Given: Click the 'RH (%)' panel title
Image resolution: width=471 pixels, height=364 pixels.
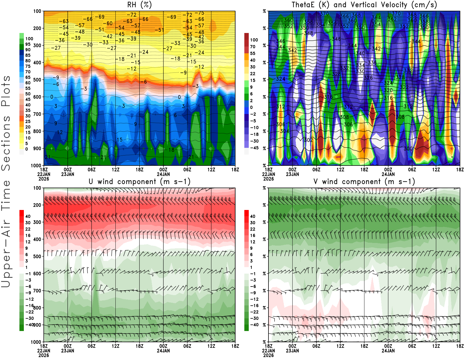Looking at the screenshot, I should click(x=139, y=5).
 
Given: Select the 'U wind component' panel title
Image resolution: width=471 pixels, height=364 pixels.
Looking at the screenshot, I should click(x=140, y=182).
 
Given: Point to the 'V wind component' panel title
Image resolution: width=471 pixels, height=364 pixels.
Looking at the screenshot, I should click(x=364, y=182).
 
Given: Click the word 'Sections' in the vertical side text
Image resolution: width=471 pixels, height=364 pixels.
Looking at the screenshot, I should click(x=6, y=143).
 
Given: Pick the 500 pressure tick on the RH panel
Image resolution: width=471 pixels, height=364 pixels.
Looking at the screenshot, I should click(x=37, y=80).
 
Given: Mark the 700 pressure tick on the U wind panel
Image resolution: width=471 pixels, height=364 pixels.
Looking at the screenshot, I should click(x=37, y=291).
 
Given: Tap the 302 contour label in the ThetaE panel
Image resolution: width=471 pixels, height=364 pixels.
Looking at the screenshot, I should click(x=308, y=140).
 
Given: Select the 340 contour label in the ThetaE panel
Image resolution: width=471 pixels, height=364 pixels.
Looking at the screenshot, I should click(x=360, y=53).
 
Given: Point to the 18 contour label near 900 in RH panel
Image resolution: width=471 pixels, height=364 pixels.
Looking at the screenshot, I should click(x=171, y=150).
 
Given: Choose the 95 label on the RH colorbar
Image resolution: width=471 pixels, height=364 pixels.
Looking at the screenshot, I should click(x=28, y=44).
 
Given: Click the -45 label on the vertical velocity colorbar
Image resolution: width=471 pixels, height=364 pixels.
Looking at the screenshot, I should click(x=254, y=148).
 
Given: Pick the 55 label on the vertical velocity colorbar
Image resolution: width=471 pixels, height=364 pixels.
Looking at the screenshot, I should click(x=253, y=53).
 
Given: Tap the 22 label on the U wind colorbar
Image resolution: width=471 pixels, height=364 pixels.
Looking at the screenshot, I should click(x=28, y=229).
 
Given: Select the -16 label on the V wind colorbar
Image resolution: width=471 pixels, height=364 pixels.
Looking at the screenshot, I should click(x=254, y=306).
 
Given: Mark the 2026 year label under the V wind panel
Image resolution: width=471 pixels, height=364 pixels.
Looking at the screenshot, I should click(x=268, y=355).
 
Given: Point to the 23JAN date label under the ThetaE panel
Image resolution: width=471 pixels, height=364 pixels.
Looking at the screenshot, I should click(x=292, y=174).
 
